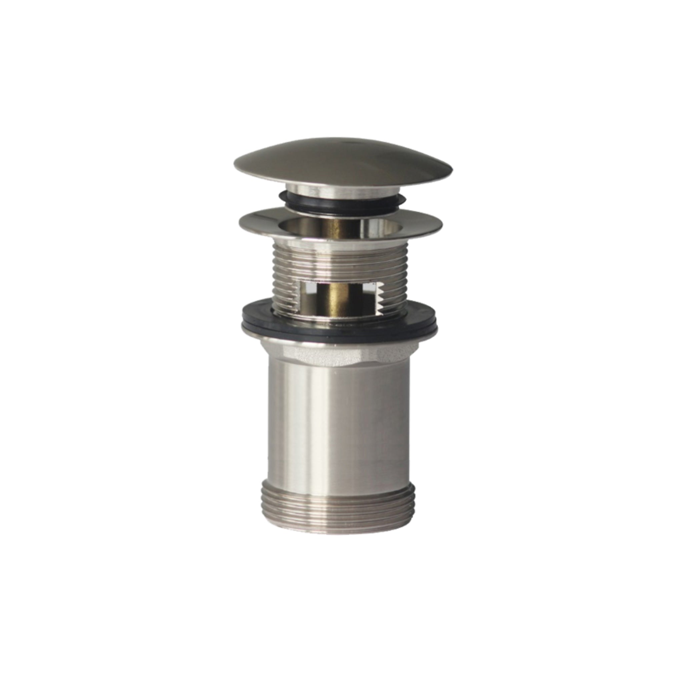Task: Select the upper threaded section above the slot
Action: coord(339,261)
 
